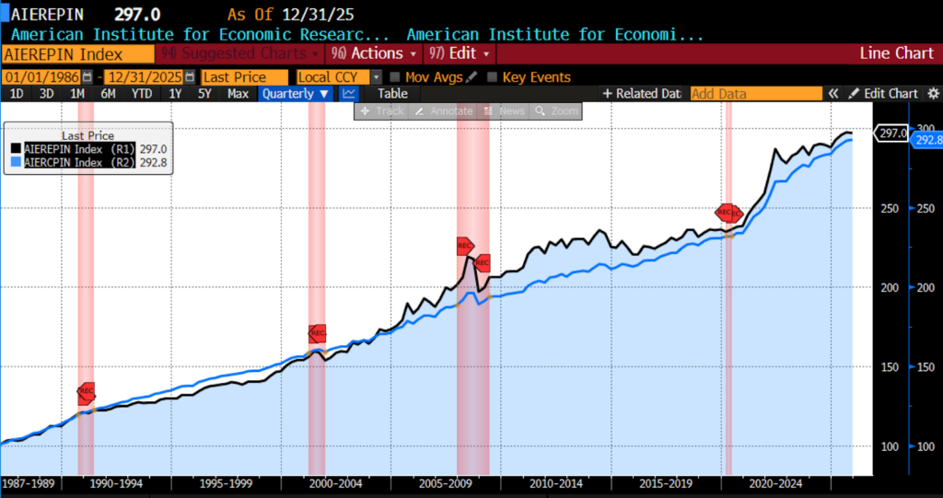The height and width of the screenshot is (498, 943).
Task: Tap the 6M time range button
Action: tap(109, 93)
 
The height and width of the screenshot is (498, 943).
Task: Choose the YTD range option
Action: tap(141, 93)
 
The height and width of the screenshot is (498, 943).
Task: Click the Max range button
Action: tap(238, 93)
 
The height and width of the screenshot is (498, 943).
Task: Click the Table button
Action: tap(392, 93)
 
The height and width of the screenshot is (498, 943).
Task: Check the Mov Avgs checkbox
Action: tap(395, 77)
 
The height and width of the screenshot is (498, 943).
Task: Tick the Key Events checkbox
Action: tap(493, 77)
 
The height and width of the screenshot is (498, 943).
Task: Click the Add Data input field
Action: tap(755, 93)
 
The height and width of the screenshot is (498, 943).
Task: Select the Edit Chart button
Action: tap(883, 93)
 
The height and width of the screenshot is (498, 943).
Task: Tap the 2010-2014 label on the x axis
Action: tap(557, 482)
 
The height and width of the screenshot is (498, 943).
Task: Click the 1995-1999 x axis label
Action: tap(227, 482)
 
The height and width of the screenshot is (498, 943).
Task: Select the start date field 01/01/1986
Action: tap(41, 77)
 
